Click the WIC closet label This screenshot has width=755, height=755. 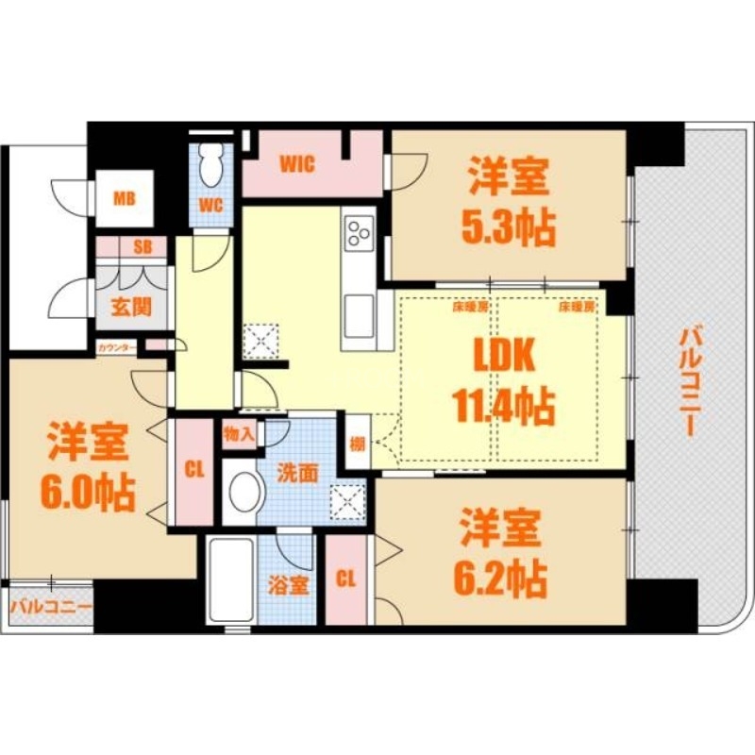pos(295,162)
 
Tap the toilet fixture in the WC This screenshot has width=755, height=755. pos(210,165)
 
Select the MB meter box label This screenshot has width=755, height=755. pos(124,198)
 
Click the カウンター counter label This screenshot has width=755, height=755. pos(117,347)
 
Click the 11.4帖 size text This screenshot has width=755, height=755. pos(506,408)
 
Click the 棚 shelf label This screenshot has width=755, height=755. pos(357,444)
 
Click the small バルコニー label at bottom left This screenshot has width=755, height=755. pos(51,607)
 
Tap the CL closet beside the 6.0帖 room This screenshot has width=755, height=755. pos(194,471)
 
